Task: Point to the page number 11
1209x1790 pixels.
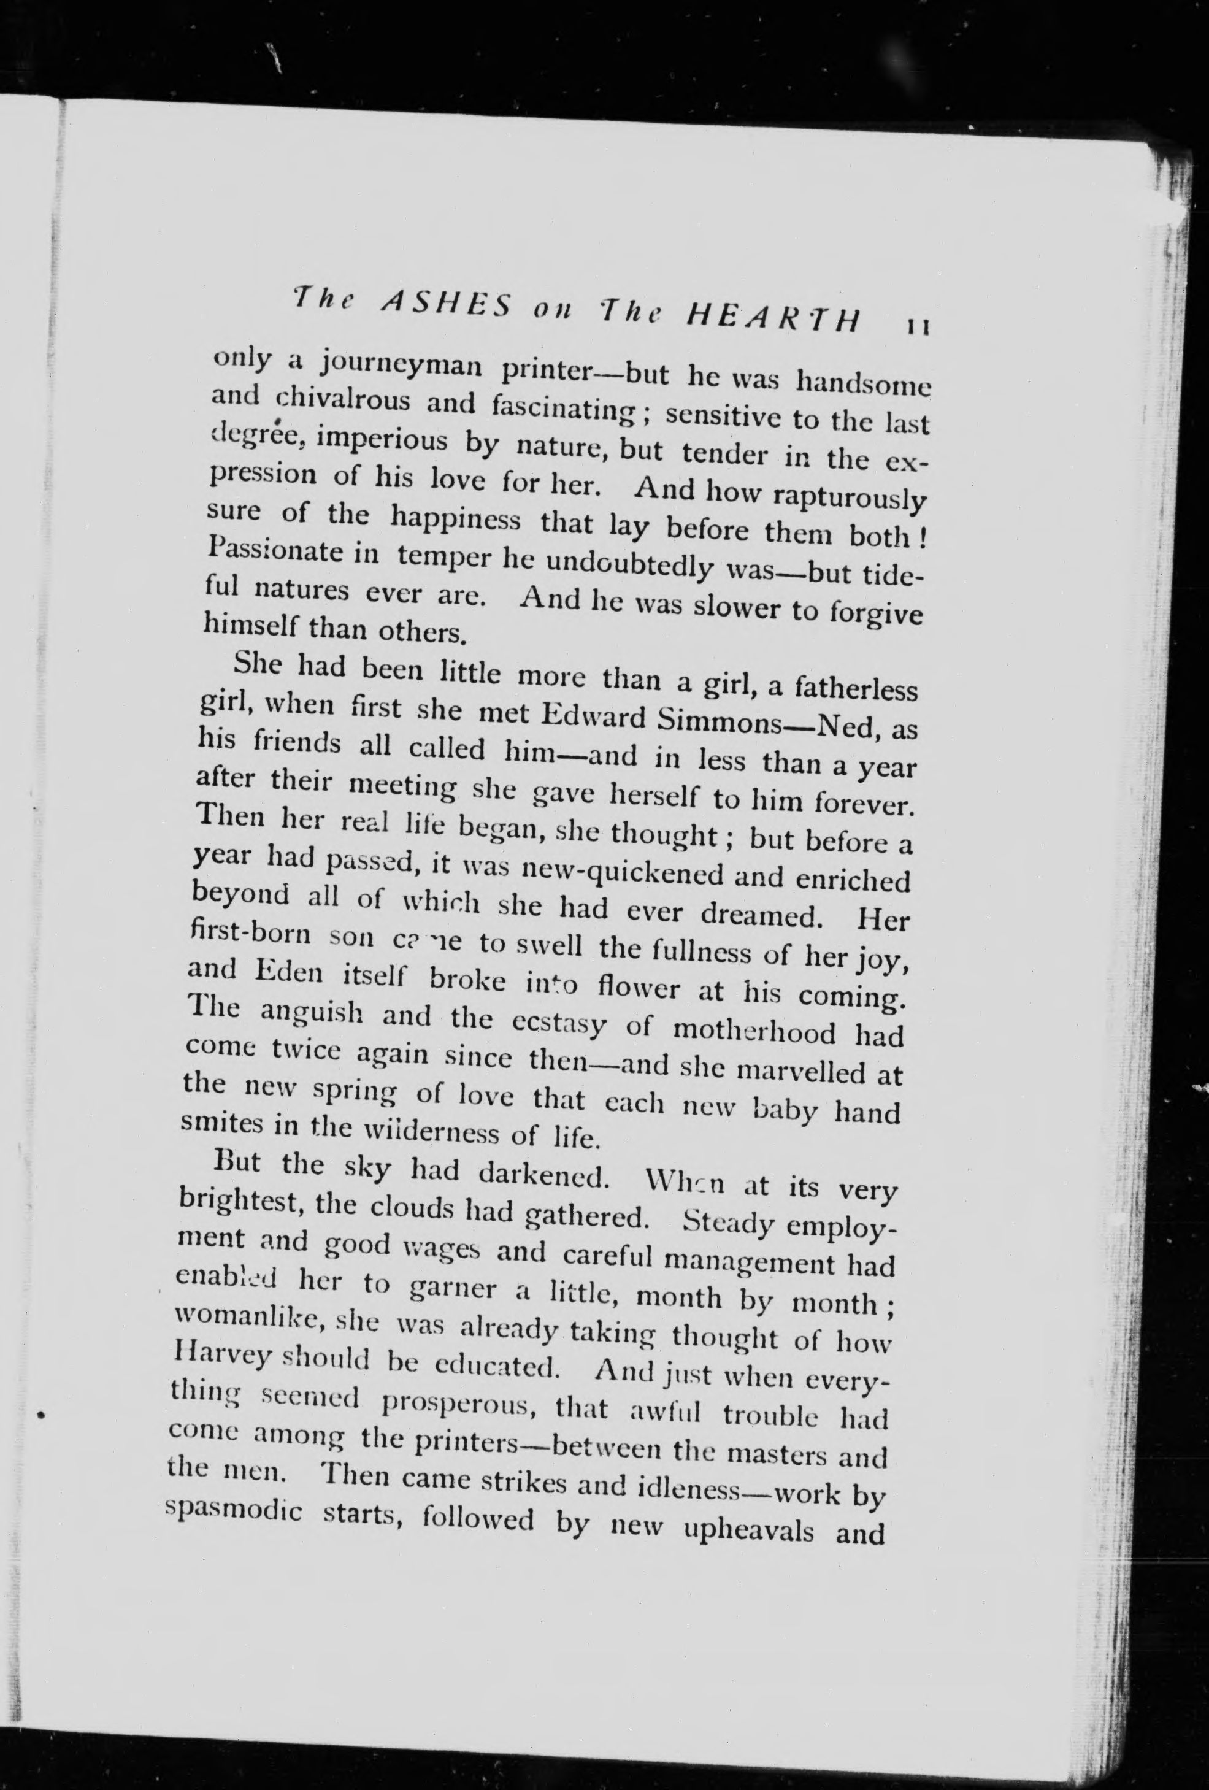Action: (918, 326)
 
